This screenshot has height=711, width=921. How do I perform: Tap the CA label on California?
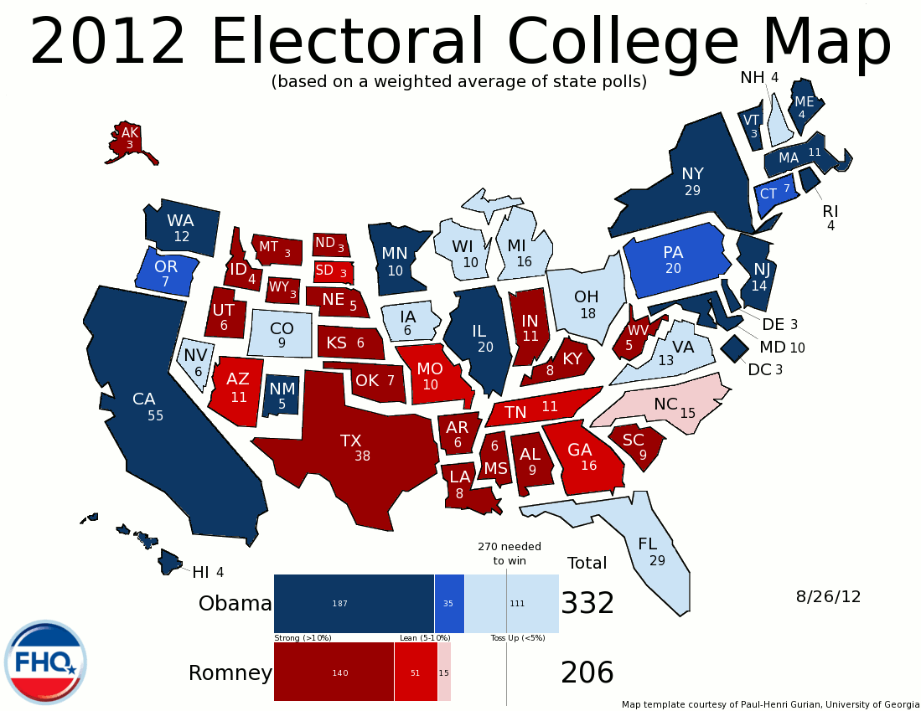click(x=143, y=399)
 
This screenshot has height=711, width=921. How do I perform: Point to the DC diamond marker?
click(x=735, y=347)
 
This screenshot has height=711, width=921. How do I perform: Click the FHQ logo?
click(x=45, y=662)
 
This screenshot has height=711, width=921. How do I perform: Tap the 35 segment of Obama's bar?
click(x=449, y=603)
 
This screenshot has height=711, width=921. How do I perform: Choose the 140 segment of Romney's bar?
click(x=334, y=672)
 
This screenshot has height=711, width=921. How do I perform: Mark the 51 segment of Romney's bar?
click(x=416, y=672)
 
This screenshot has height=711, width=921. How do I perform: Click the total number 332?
click(x=587, y=604)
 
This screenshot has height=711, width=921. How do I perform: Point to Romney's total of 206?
click(x=587, y=672)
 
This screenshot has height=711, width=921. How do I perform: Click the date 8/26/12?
click(x=828, y=597)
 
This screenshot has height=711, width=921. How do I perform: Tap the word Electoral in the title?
click(x=351, y=41)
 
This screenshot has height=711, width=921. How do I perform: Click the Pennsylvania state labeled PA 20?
click(x=673, y=260)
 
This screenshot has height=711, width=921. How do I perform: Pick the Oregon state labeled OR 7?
click(x=165, y=272)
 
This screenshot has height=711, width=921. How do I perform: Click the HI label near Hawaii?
click(x=201, y=573)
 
